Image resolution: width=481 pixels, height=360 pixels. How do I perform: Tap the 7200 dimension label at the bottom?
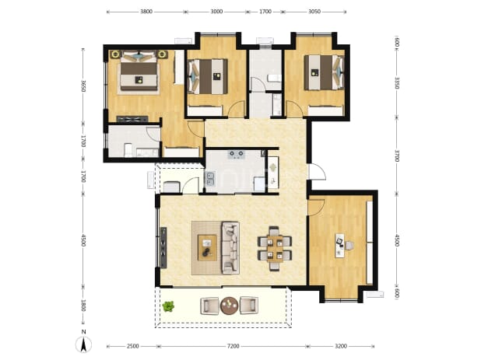click(x=233, y=346)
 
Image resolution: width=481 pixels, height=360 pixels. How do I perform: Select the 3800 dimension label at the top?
click(x=146, y=12)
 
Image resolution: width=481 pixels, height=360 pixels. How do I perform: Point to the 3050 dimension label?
click(x=314, y=12)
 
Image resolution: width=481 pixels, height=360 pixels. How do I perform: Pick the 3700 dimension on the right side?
click(x=397, y=156)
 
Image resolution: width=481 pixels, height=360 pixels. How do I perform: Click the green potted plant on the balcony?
click(x=168, y=306)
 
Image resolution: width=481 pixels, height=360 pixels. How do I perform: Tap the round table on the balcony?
click(x=229, y=306)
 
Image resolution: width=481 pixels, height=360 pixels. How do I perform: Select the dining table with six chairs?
click(x=275, y=248)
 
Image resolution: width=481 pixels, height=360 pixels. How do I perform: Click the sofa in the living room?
click(x=230, y=248)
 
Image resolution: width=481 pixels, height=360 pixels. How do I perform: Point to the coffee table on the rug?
click(x=207, y=247)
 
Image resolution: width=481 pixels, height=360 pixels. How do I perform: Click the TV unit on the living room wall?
click(x=163, y=248)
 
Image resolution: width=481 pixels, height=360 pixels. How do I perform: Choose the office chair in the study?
click(x=349, y=246)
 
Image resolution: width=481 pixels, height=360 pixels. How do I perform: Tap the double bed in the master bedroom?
click(x=139, y=72)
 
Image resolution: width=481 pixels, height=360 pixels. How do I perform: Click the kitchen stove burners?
click(x=236, y=154)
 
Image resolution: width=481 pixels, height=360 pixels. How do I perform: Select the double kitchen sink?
click(x=210, y=179)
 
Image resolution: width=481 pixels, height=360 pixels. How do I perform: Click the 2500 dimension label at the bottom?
click(x=132, y=346)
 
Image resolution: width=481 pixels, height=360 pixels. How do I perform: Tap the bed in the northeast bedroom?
click(x=324, y=72)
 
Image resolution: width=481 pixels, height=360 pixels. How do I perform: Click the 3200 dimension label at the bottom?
click(x=341, y=346)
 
